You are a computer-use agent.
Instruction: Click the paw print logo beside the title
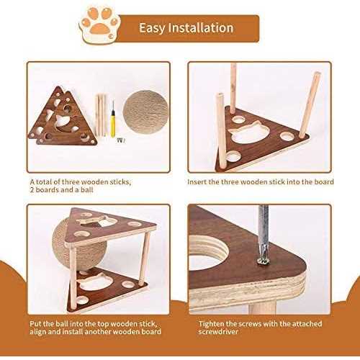pos(99,25)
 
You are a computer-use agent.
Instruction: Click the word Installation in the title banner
pos(201,28)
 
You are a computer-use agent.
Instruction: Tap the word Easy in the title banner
pos(152,28)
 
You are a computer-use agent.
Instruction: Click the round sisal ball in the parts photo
pos(145,112)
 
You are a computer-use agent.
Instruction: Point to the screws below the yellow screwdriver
pos(121,140)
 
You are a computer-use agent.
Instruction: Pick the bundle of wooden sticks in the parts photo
pos(102,114)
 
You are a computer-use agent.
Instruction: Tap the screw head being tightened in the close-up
pos(263,261)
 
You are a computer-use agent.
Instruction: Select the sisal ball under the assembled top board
pos(79,247)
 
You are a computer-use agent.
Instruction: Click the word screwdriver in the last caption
pos(218,332)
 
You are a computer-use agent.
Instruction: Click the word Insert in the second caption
pos(197,182)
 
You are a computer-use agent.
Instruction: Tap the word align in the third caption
pos(37,332)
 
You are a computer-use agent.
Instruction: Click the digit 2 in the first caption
pos(32,190)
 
